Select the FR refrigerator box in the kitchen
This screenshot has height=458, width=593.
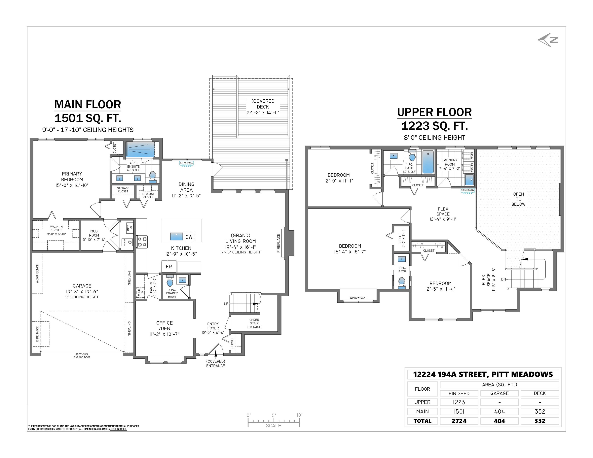(x=169, y=267)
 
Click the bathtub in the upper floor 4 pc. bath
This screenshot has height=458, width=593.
(x=428, y=162)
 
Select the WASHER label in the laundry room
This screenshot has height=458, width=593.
(x=472, y=168)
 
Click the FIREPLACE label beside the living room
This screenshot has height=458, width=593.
(x=278, y=243)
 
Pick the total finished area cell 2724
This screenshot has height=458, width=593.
(x=459, y=421)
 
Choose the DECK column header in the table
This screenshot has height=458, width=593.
(x=540, y=393)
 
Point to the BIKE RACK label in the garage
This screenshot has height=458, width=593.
(x=37, y=334)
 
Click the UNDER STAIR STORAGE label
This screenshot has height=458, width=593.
(x=254, y=323)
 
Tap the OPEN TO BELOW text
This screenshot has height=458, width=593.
(x=518, y=199)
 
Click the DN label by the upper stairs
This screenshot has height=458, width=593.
(x=504, y=279)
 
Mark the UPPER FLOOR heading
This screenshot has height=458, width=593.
(x=434, y=112)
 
